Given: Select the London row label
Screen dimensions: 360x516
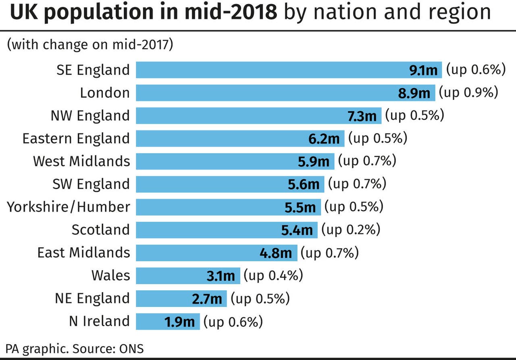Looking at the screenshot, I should pos(105,93).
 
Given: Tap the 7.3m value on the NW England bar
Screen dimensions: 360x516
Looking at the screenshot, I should pos(362,116).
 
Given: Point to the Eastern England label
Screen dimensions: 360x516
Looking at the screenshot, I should pos(76,139).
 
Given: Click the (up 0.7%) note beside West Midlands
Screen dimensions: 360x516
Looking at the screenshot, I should pos(367,161).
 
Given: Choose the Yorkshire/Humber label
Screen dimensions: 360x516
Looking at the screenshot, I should pos(69,207).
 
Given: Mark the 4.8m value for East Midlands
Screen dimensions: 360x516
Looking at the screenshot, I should pos(276,253).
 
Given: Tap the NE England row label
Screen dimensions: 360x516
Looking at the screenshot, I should pos(92,299).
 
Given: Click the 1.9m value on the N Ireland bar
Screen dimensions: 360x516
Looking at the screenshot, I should pos(179,322).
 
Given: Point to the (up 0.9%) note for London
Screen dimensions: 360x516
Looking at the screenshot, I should pos(468,93).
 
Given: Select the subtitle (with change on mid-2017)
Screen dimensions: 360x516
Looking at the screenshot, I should pos(90,44).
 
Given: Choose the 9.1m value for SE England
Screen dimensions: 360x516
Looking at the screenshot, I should pos(423,71).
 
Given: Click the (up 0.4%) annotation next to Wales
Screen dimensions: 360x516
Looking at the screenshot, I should pos(273,276).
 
